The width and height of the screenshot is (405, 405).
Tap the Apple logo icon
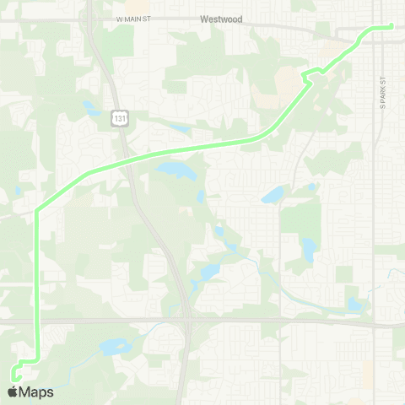point(13,392)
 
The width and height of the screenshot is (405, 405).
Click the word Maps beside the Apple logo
point(36,392)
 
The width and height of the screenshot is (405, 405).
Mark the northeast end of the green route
point(392,27)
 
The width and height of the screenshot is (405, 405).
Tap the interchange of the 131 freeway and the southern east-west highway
point(188,321)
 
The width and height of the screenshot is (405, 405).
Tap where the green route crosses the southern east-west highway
point(36,321)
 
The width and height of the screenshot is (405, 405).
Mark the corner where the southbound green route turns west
point(36,361)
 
